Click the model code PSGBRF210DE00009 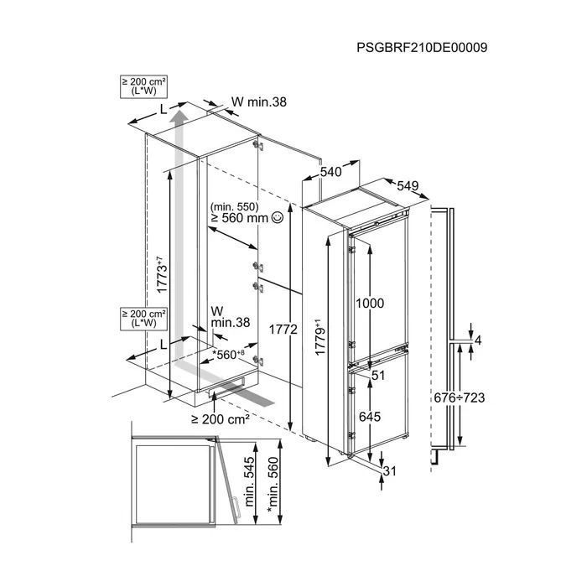pyautogui.click(x=422, y=48)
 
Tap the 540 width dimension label pyautogui.click(x=331, y=172)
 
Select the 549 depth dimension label pyautogui.click(x=408, y=185)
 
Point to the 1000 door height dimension pyautogui.click(x=370, y=304)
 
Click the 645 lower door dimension pyautogui.click(x=370, y=417)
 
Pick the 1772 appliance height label pyautogui.click(x=283, y=330)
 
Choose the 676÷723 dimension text pyautogui.click(x=460, y=397)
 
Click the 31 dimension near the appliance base pyautogui.click(x=390, y=471)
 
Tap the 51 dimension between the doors pyautogui.click(x=378, y=375)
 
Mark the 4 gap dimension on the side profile pyautogui.click(x=478, y=340)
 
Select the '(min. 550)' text pyautogui.click(x=234, y=206)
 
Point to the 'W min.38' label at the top pyautogui.click(x=258, y=101)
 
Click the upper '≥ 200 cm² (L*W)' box pyautogui.click(x=143, y=86)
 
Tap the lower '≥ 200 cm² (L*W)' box pyautogui.click(x=143, y=319)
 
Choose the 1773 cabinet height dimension pyautogui.click(x=161, y=274)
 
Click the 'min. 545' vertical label pyautogui.click(x=250, y=482)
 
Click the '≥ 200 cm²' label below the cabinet pyautogui.click(x=221, y=419)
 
